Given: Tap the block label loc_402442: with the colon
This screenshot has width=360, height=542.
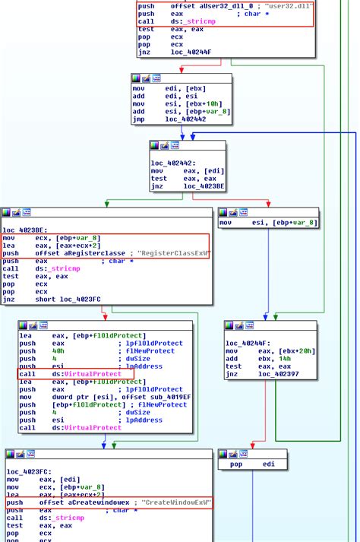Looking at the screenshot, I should point(173,163).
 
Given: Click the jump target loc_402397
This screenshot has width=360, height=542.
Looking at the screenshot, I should point(278,373).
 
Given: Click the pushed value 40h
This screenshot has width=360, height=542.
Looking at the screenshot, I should point(58,351).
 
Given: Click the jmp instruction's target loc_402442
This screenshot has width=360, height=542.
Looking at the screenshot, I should point(185,119).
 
